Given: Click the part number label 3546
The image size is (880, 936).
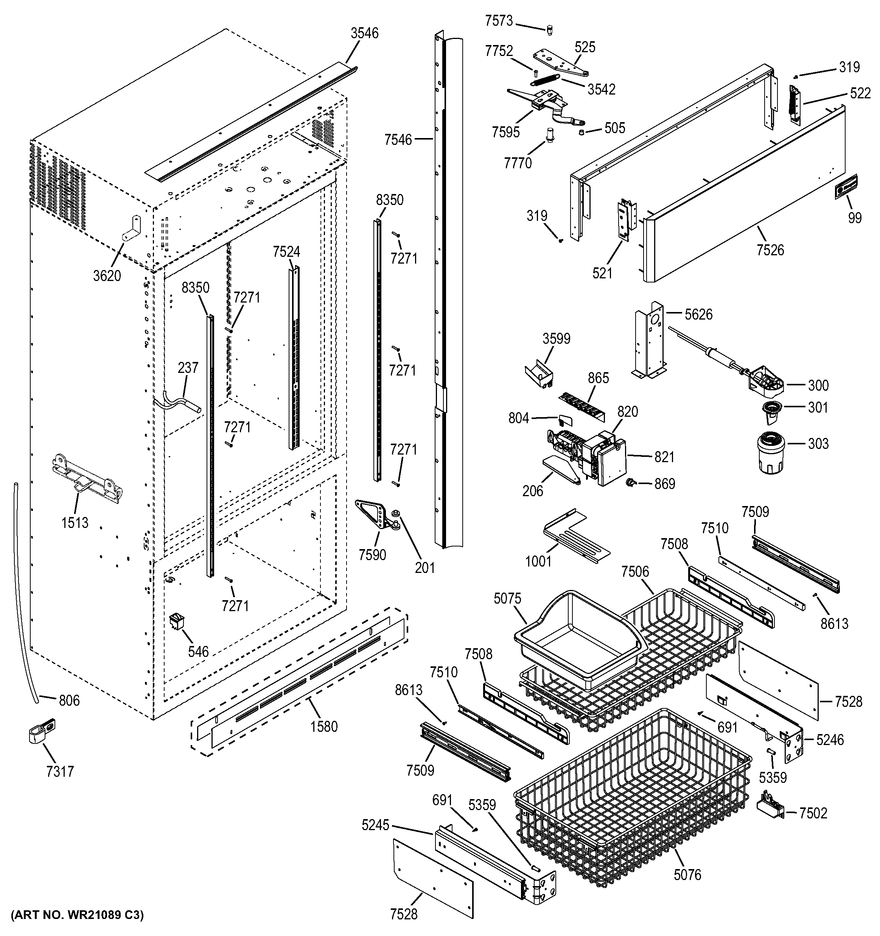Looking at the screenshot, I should click(364, 33).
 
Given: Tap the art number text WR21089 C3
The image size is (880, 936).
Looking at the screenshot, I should click(77, 915).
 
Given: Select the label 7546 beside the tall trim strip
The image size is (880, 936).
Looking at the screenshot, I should click(398, 140).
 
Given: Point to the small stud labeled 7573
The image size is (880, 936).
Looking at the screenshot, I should click(549, 31).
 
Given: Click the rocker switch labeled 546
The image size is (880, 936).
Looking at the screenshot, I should click(177, 621).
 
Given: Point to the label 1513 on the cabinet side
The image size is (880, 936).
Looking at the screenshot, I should click(75, 522).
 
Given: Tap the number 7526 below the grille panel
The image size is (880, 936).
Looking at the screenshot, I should click(770, 250).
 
